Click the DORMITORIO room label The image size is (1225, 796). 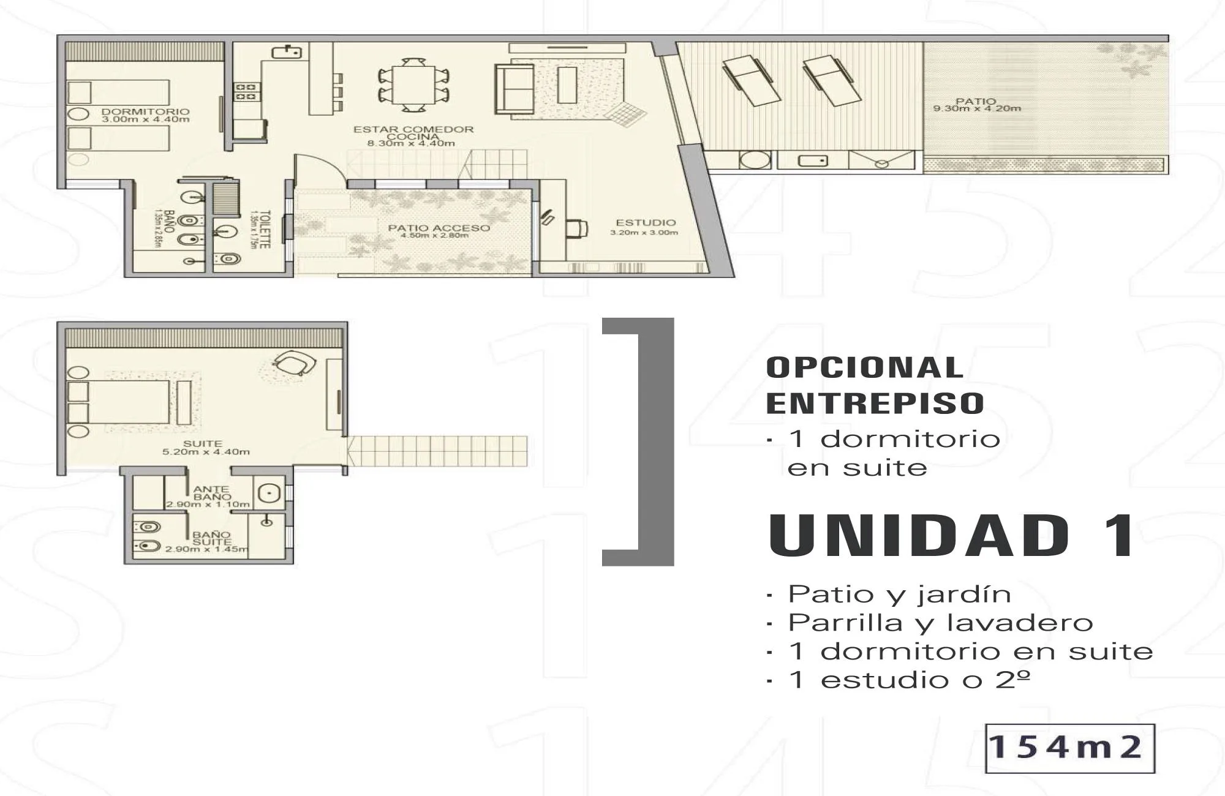tap(145, 112)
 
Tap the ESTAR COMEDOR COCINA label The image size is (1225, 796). tap(413, 133)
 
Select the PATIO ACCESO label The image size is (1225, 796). tap(439, 228)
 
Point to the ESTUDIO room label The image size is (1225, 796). tap(646, 223)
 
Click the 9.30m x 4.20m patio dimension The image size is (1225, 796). tap(977, 109)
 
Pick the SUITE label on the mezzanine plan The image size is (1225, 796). tap(203, 443)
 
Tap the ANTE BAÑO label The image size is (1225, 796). tap(211, 493)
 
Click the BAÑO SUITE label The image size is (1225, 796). tap(212, 538)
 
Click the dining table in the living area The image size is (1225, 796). tap(414, 84)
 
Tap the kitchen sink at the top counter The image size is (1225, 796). tap(287, 52)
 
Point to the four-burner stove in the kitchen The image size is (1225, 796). tap(246, 92)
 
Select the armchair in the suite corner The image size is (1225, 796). tap(293, 363)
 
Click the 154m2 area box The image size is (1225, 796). tap(1069, 748)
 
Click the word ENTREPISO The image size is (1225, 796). tap(875, 403)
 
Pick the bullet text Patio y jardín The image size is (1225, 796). tap(899, 594)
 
